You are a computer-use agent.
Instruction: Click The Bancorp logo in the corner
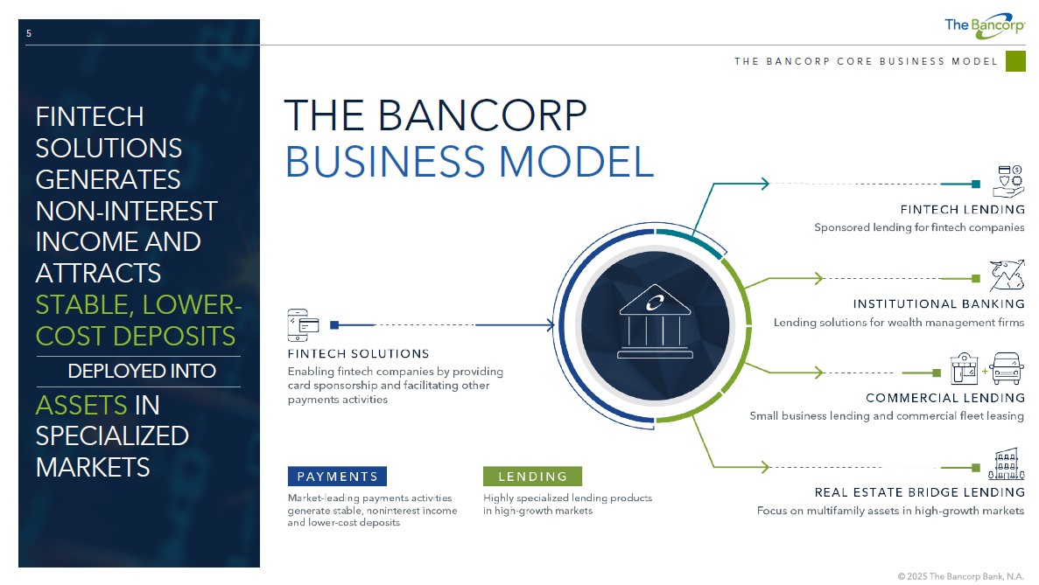coord(985,26)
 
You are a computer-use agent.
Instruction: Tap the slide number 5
coord(29,33)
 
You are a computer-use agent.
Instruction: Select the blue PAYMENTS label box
coord(337,477)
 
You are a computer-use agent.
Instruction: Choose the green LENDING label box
coord(533,477)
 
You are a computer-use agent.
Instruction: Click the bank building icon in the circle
coord(655,322)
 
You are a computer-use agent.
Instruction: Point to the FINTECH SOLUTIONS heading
coord(359,353)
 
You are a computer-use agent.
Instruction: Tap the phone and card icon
coord(303,325)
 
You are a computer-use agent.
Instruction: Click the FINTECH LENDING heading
coord(962,209)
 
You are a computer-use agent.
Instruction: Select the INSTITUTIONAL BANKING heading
coord(938,303)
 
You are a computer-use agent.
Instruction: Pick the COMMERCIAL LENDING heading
coord(945,398)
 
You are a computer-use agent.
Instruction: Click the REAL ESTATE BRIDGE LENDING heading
coord(920,492)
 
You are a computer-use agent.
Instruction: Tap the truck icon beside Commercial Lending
coord(1007,368)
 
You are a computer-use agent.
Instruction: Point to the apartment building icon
coord(1007,464)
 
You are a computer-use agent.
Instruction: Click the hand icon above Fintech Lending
coord(1008,181)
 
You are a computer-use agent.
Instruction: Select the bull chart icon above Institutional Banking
coord(1007,275)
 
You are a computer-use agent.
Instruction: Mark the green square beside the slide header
coord(1015,61)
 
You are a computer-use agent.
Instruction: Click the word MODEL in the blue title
coord(576,162)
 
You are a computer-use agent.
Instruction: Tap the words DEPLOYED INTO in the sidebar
coord(142,372)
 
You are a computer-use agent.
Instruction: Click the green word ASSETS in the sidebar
coord(81,405)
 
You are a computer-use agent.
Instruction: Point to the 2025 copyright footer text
coord(960,576)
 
